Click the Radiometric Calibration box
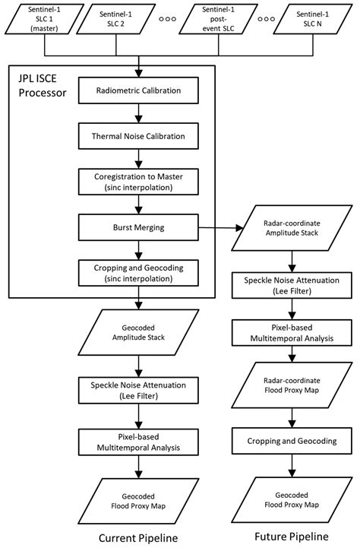[139, 91]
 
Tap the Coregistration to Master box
[139, 181]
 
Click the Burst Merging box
[139, 226]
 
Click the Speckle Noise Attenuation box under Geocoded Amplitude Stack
[139, 391]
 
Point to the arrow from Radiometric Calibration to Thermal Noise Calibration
[139, 113]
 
